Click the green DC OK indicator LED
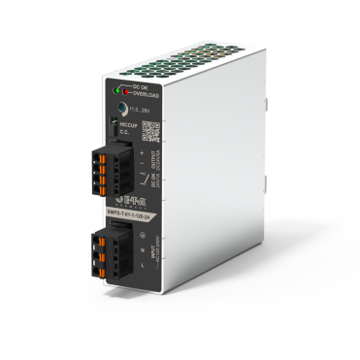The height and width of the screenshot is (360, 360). pyautogui.click(x=121, y=88)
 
